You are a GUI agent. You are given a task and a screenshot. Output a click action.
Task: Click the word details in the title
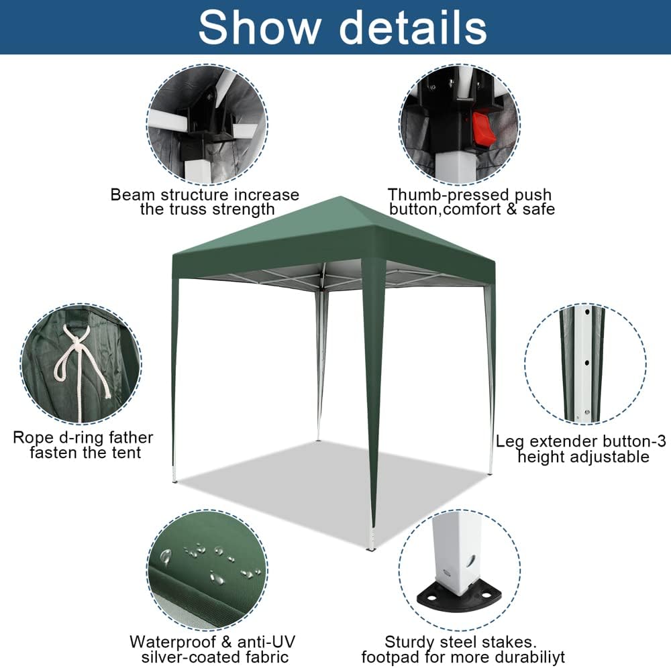413,27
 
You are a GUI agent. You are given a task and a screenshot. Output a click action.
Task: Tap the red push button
482,128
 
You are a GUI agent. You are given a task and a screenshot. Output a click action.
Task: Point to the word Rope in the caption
32,438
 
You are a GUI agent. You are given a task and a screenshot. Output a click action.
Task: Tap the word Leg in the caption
509,441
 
